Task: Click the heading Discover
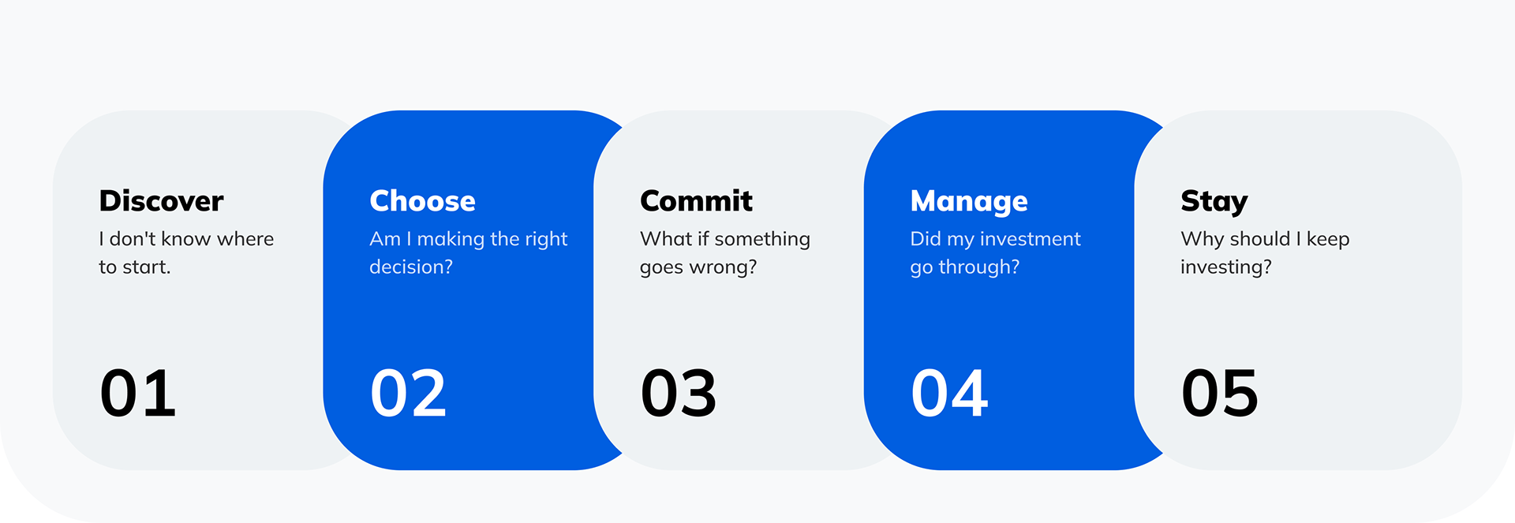(161, 201)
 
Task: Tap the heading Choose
(422, 201)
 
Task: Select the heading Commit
(696, 201)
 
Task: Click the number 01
(138, 393)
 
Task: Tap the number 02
(409, 393)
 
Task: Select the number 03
(679, 393)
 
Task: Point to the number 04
(949, 393)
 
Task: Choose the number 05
(1220, 393)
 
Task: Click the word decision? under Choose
(411, 267)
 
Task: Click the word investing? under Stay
(1226, 268)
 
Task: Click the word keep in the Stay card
(1328, 240)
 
